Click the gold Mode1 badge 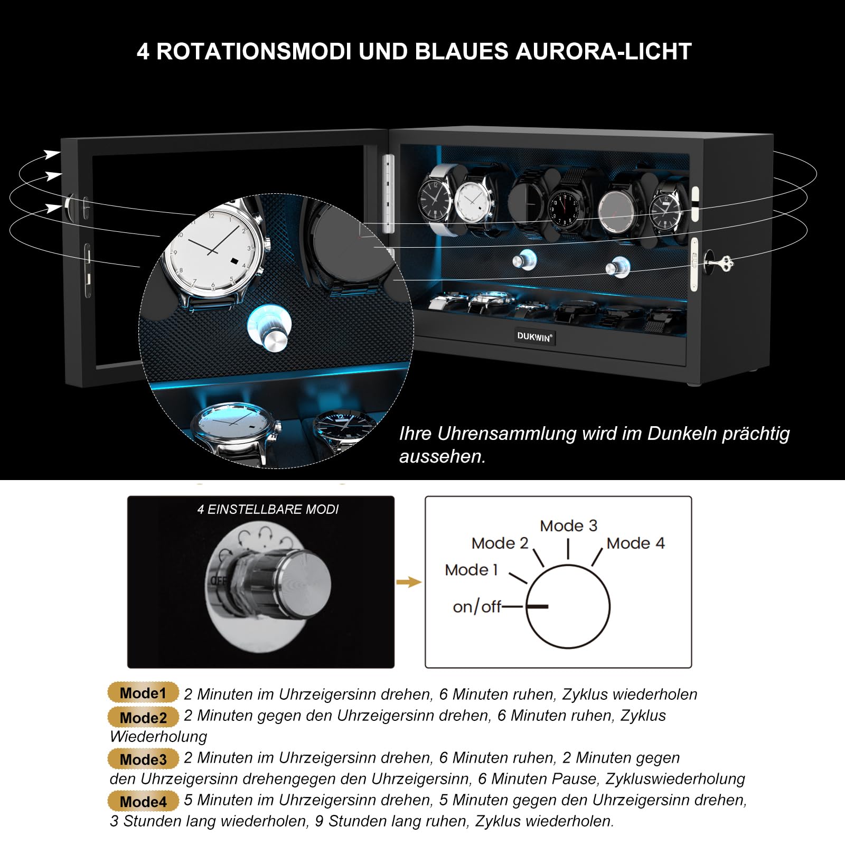(x=143, y=692)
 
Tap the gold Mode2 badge (x=143, y=717)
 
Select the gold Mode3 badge (x=143, y=759)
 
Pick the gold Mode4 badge (x=143, y=801)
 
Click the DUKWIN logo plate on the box (x=534, y=336)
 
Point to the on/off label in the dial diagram (x=477, y=607)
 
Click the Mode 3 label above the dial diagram (x=568, y=525)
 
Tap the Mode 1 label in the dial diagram (x=471, y=569)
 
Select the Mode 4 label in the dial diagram (x=635, y=543)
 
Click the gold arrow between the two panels (x=409, y=582)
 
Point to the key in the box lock (x=719, y=261)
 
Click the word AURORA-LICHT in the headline (x=603, y=52)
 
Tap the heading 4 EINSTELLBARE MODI (x=268, y=509)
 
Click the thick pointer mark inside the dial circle (x=537, y=606)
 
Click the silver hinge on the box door (x=388, y=193)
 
